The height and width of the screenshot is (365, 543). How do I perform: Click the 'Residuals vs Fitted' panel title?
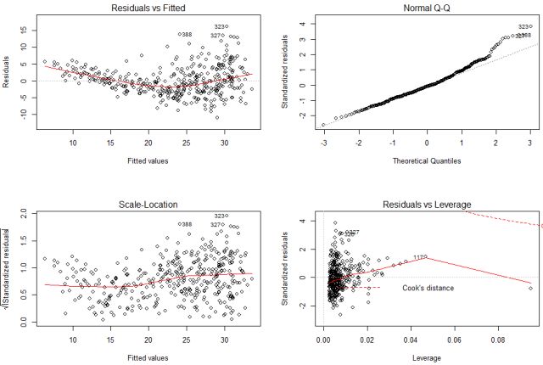[x=149, y=8]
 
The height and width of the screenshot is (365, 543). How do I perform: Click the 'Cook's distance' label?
[x=428, y=289]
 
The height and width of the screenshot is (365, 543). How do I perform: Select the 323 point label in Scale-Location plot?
[x=220, y=216]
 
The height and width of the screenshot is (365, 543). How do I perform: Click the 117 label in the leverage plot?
[x=419, y=257]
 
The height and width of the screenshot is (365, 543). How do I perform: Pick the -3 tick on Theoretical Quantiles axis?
[x=323, y=144]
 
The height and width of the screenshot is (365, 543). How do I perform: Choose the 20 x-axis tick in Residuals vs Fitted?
[x=149, y=144]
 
